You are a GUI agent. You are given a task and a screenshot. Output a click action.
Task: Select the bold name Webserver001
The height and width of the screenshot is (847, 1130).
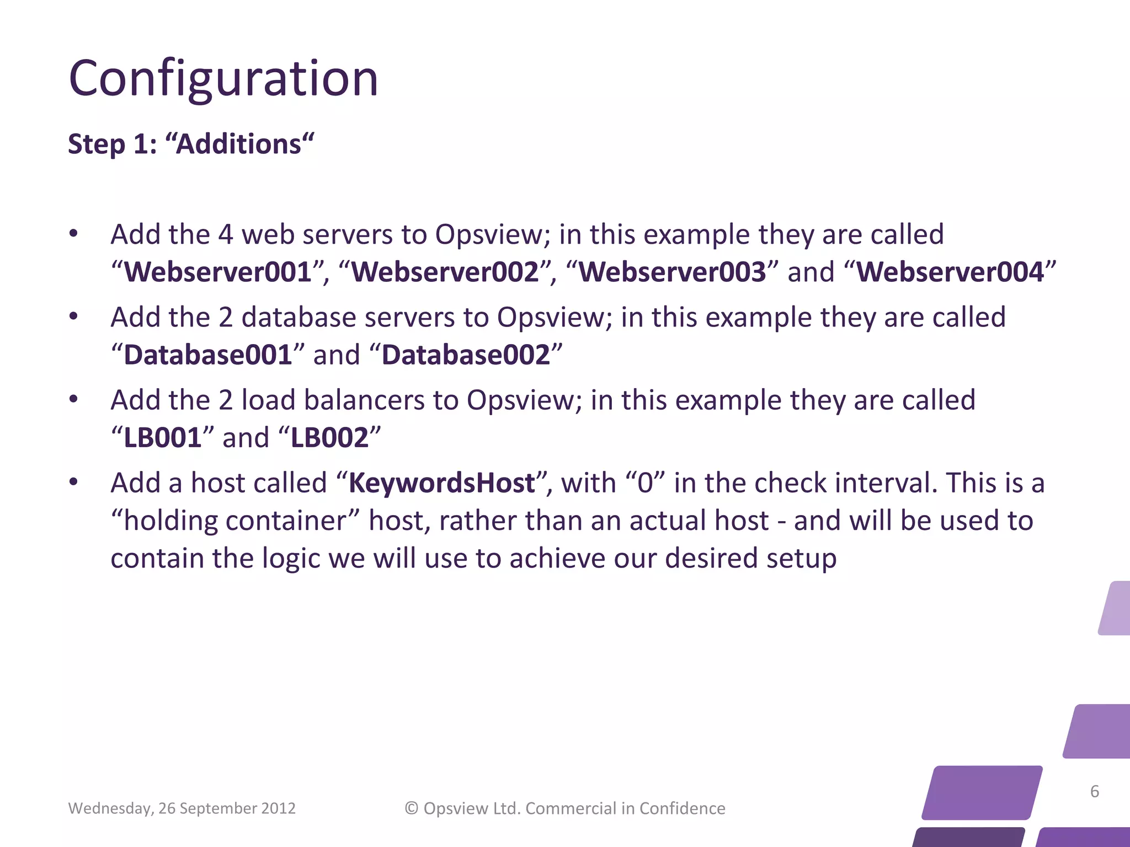(218, 272)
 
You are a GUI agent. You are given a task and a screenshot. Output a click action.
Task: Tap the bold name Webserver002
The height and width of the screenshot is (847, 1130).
(445, 272)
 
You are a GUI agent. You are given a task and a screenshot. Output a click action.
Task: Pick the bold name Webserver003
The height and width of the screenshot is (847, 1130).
(672, 272)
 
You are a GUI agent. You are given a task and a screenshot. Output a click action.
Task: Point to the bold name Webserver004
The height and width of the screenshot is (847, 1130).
(950, 272)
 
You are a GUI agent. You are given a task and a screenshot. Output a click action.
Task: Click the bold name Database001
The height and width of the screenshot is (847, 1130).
(208, 355)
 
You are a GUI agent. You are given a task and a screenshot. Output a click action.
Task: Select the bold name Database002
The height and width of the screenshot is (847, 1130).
(466, 355)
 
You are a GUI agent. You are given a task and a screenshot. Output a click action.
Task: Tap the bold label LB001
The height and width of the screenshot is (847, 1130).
(163, 438)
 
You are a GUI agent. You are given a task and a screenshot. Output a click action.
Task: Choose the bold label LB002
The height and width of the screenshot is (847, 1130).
(329, 438)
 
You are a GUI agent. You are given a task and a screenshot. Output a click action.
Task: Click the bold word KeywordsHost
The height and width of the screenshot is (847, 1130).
(442, 483)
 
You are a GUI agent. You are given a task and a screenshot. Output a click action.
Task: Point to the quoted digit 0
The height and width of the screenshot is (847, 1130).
(645, 484)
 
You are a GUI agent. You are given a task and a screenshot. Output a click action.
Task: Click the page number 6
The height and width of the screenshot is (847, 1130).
(1095, 791)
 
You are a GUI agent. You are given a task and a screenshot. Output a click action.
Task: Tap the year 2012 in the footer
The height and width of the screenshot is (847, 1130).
(278, 808)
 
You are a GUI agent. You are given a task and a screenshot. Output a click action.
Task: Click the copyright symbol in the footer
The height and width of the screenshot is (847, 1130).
(412, 808)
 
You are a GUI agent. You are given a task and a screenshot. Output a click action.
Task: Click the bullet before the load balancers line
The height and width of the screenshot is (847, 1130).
(74, 399)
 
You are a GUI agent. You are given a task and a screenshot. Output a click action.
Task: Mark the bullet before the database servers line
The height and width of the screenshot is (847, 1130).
(74, 317)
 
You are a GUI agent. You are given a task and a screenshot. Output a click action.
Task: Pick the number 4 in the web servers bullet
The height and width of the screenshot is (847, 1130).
(225, 235)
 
